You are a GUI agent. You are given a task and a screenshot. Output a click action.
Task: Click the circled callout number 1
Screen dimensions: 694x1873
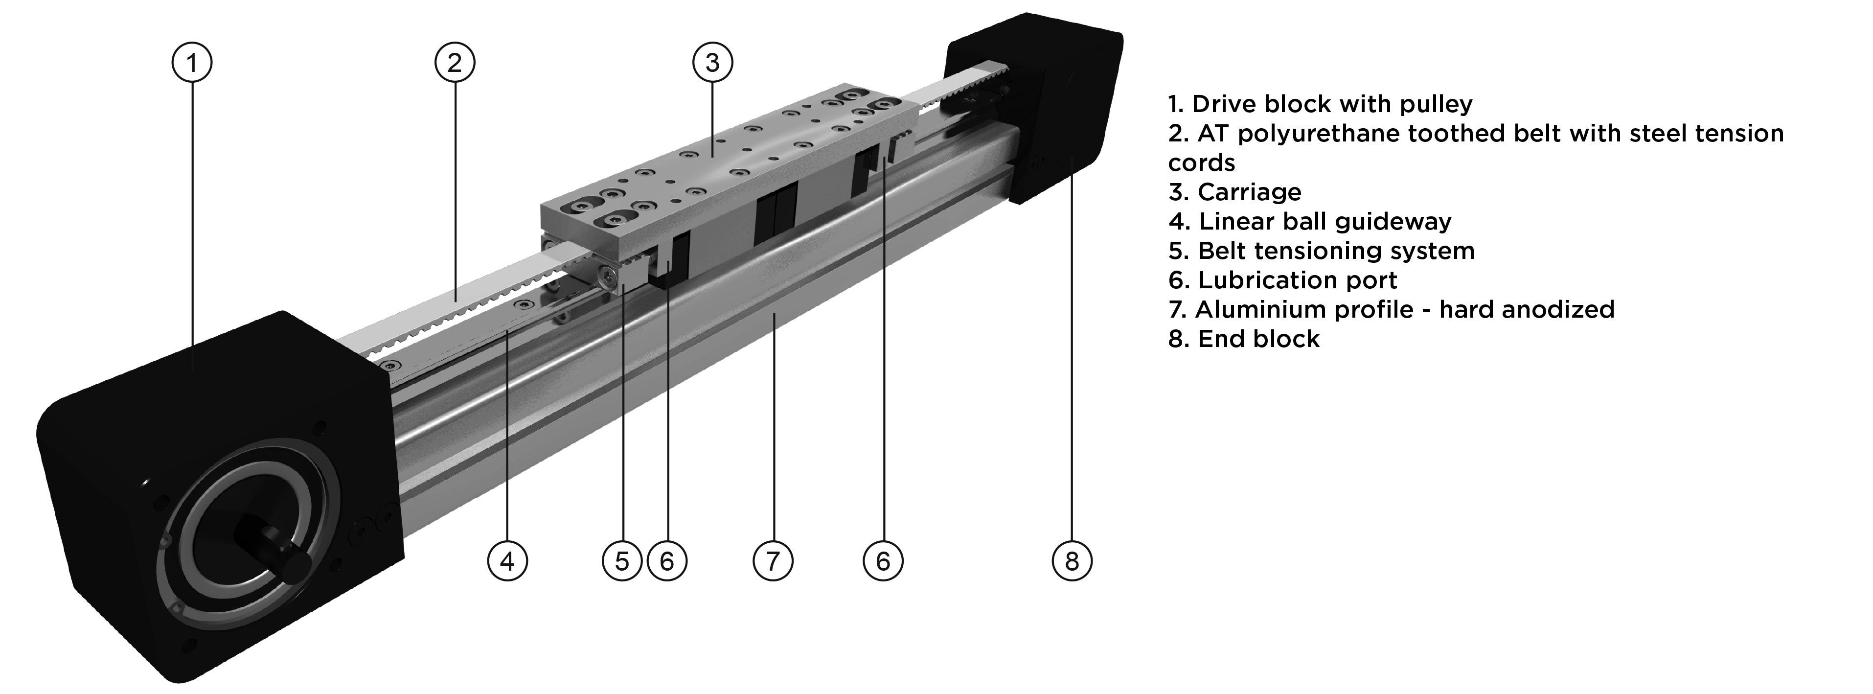(192, 63)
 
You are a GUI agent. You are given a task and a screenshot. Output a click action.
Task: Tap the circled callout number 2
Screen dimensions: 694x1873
(455, 63)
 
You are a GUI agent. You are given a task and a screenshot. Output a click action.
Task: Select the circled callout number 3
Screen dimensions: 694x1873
(712, 63)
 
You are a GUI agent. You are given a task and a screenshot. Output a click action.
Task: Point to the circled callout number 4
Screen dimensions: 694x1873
(507, 561)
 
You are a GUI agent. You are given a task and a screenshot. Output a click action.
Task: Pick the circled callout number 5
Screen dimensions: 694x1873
(622, 561)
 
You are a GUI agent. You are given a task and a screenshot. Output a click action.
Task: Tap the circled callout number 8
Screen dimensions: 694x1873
(1072, 561)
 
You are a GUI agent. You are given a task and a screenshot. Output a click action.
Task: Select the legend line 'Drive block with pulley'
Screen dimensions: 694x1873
(1320, 104)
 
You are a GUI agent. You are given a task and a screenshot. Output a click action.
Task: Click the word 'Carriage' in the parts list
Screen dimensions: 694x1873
(1249, 192)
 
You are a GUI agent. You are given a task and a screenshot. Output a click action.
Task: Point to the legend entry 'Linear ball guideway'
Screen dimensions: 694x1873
(1309, 221)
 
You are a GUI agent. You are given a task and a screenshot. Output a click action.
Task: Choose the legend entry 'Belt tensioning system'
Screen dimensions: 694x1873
(1321, 251)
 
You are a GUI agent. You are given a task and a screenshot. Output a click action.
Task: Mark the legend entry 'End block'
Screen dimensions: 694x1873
(1243, 339)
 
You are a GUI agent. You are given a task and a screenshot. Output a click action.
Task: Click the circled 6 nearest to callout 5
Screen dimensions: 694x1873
(667, 561)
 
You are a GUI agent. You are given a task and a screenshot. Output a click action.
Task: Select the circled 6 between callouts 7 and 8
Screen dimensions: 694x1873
(883, 561)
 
